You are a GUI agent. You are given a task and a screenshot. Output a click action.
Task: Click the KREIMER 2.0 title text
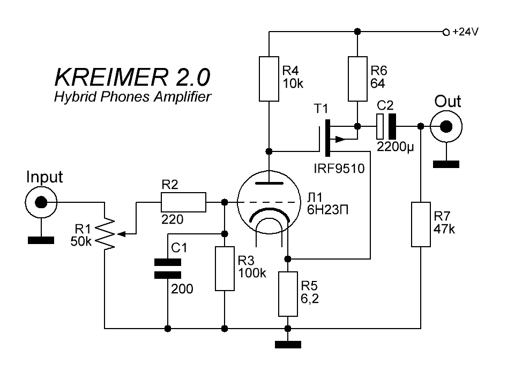[x=132, y=78]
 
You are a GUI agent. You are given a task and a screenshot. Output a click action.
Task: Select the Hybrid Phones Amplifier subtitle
[x=132, y=97]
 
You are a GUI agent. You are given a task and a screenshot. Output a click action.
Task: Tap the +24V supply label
[x=465, y=32]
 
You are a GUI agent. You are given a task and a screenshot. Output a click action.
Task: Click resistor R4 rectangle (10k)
[x=269, y=79]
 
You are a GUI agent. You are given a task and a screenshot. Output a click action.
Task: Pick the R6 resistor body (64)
[x=357, y=79]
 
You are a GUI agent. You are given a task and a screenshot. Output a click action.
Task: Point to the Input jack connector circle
[x=41, y=203]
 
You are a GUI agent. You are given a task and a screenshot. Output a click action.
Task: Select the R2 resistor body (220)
[x=183, y=203]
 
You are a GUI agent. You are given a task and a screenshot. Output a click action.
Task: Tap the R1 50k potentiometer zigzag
[x=108, y=233]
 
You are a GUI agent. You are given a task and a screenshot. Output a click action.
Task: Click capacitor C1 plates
[x=168, y=268]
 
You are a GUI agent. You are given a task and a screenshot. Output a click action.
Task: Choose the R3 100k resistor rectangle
[x=225, y=269]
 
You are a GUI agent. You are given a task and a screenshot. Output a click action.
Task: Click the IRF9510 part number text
[x=339, y=170]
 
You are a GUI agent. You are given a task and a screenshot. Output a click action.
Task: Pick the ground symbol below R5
[x=288, y=345]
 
